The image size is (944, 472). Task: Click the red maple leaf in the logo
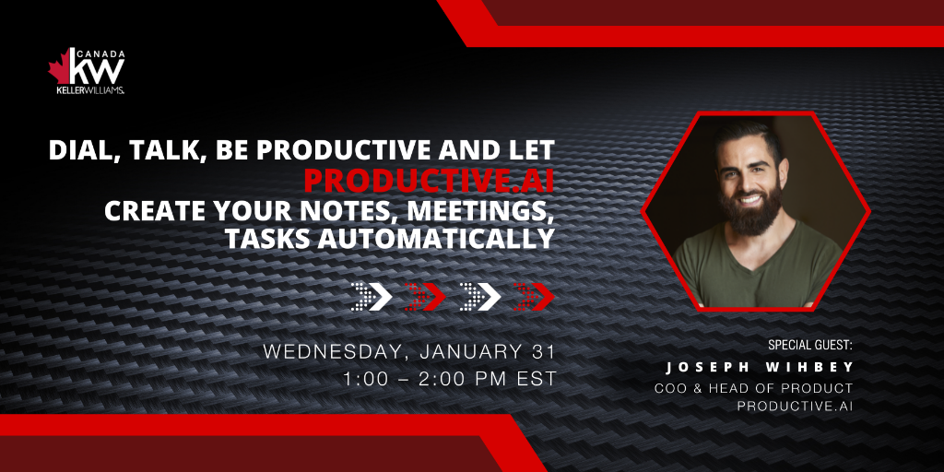(x=60, y=67)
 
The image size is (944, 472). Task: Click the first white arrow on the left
(x=372, y=296)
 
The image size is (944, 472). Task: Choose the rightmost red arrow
(x=534, y=296)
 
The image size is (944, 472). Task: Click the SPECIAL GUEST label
(x=810, y=346)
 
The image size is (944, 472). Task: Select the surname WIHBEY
(x=817, y=367)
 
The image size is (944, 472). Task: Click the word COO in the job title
(x=667, y=388)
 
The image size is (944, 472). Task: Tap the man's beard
(x=751, y=208)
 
